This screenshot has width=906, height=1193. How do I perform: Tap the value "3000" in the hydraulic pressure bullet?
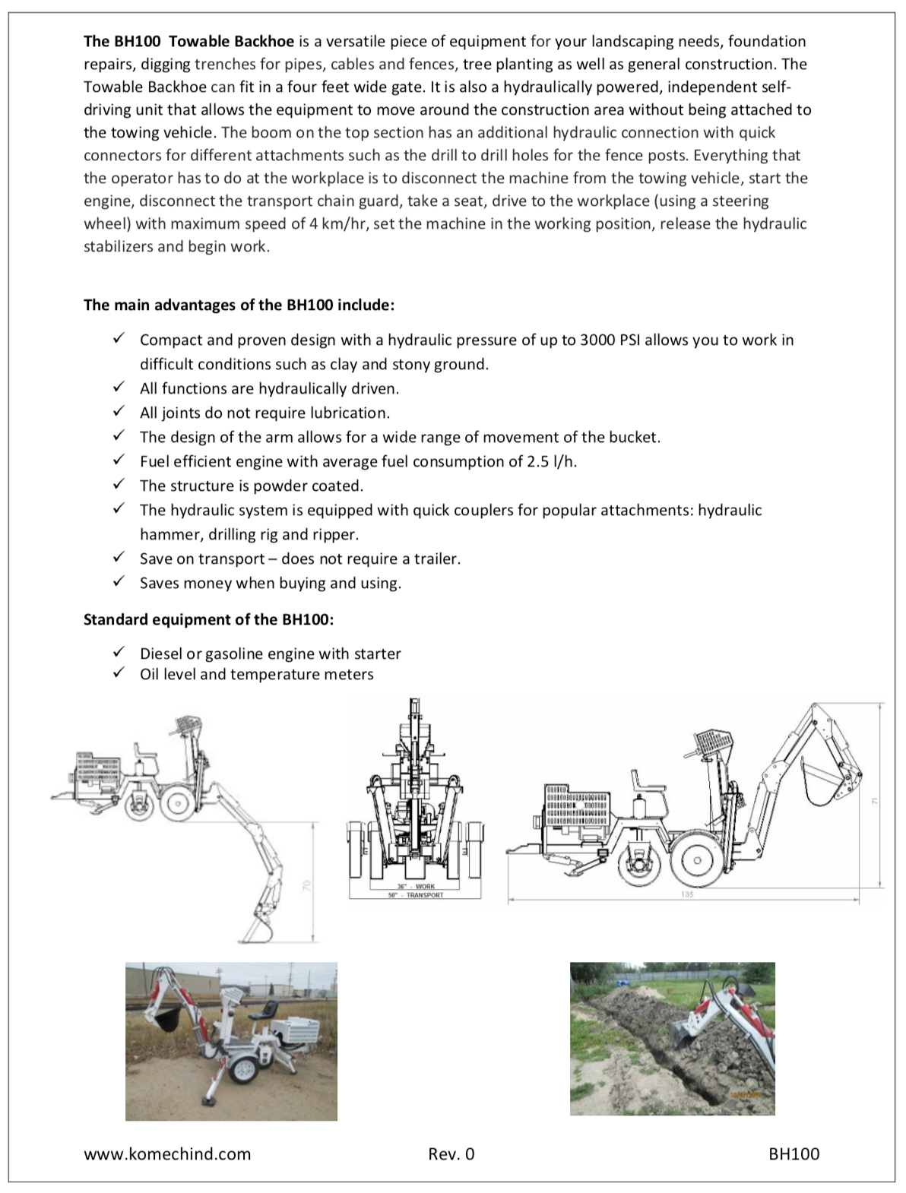coord(598,340)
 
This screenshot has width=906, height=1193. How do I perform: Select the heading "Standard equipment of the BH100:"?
coord(208,619)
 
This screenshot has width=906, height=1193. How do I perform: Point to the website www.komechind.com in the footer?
coord(167,1154)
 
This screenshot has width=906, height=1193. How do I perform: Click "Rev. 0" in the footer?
coord(451,1154)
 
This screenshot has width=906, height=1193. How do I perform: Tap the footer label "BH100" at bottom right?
coord(794,1154)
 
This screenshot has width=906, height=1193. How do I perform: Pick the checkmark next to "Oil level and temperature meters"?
coord(119,672)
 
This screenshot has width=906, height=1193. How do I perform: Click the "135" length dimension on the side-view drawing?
coord(688,894)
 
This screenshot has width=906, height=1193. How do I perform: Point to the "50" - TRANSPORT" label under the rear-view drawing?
coord(415,895)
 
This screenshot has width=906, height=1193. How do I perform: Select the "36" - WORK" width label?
coord(415,887)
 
